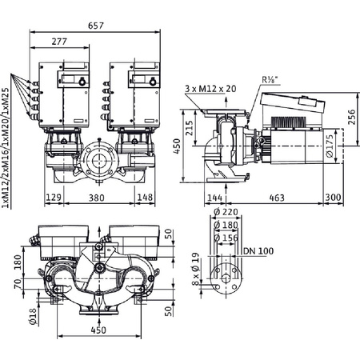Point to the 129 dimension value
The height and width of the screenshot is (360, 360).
(x=52, y=197)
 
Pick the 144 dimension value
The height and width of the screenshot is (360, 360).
(x=214, y=197)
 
